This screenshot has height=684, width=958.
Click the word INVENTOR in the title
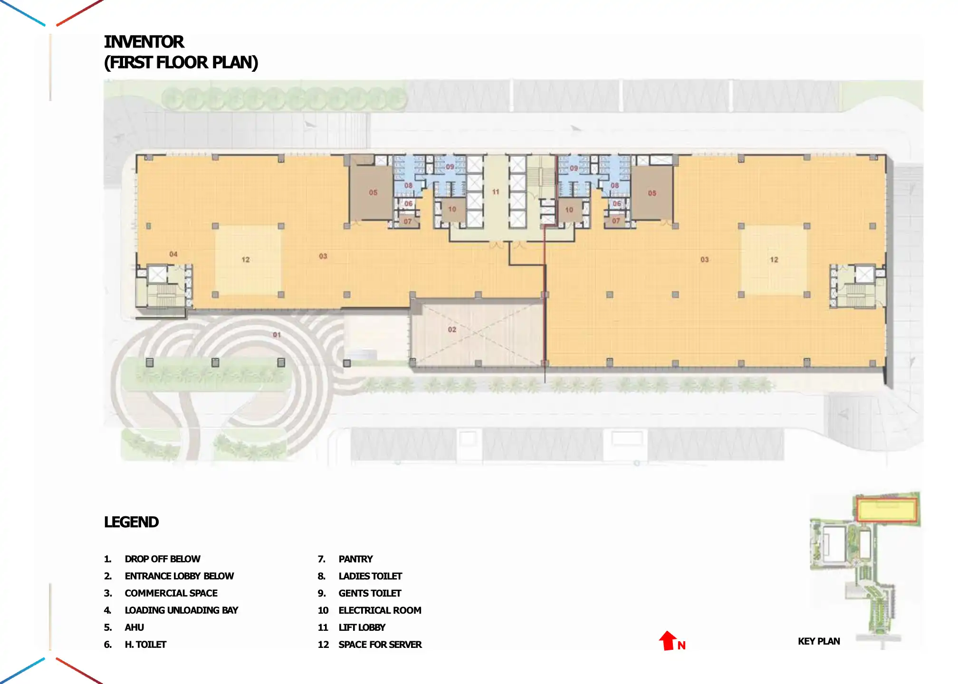click(144, 42)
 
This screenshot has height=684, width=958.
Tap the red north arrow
click(668, 640)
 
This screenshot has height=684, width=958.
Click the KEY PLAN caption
click(818, 641)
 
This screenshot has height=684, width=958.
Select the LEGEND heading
click(131, 522)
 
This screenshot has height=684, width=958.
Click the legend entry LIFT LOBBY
click(362, 627)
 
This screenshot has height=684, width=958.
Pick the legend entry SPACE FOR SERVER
click(380, 645)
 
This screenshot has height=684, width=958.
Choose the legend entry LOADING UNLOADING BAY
click(181, 610)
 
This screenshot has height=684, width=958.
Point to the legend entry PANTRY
click(355, 559)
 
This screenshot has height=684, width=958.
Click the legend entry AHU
click(134, 627)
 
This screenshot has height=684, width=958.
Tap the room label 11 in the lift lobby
click(496, 192)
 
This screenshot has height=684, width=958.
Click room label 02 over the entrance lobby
click(452, 329)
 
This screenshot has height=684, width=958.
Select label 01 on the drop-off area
click(277, 335)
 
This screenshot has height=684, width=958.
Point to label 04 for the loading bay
click(173, 254)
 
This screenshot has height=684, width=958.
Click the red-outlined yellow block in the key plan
click(886, 510)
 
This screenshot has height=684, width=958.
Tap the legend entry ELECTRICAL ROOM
click(380, 610)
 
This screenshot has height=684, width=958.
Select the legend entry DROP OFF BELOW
click(162, 559)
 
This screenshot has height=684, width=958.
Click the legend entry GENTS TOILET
click(370, 593)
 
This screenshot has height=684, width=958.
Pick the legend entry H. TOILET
click(145, 645)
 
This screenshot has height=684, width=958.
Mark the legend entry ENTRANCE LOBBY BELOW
click(179, 576)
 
